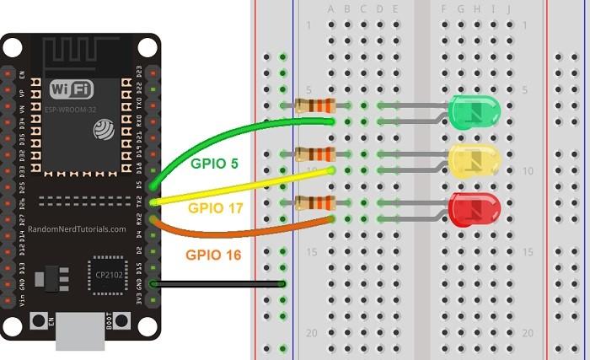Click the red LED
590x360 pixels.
tap(475, 209)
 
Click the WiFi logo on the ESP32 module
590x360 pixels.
tap(72, 89)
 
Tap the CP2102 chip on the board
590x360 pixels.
tap(106, 274)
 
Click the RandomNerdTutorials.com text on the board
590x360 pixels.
tap(77, 228)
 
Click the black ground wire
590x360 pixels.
tap(219, 284)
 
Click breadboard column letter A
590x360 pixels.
tap(331, 9)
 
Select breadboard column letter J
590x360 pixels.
tap(509, 9)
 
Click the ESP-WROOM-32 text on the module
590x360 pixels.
tap(71, 108)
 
